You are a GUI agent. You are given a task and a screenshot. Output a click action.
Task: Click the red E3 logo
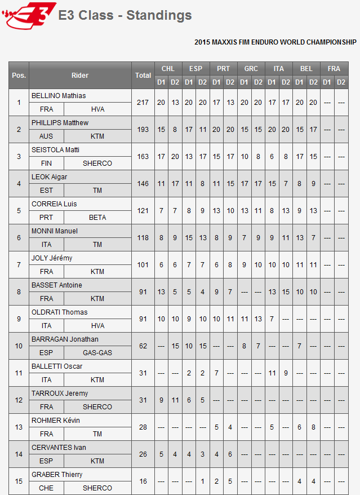29,15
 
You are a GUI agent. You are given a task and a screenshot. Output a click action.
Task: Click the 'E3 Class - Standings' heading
125,16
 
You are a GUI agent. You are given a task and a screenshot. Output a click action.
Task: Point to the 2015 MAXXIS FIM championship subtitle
275,42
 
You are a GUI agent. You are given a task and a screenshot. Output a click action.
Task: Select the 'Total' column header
143,75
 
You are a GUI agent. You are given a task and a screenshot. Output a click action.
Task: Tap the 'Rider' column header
80,75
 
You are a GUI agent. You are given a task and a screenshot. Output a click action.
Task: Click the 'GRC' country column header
251,69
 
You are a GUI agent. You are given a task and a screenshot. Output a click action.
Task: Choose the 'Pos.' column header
19,75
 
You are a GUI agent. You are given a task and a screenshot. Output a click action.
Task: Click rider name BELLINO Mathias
59,96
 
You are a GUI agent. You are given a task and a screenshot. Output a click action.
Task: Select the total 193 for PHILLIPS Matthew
143,130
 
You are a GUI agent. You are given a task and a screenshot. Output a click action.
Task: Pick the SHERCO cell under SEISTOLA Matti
97,163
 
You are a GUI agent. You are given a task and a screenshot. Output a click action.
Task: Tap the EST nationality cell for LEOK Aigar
46,191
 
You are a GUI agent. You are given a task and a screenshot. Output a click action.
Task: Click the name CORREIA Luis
54,204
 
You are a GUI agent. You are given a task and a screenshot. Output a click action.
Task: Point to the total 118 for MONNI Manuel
143,238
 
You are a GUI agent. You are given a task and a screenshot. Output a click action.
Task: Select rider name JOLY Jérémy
52,258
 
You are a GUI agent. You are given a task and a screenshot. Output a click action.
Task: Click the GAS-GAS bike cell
97,353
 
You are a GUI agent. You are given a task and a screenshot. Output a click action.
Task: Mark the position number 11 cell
19,373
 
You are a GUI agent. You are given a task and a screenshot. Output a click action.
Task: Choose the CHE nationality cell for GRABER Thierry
46,488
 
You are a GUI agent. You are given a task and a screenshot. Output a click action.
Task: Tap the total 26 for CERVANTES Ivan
143,454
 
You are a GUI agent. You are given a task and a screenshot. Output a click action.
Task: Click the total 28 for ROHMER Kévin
143,427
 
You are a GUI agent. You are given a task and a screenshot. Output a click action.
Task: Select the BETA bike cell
97,218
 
